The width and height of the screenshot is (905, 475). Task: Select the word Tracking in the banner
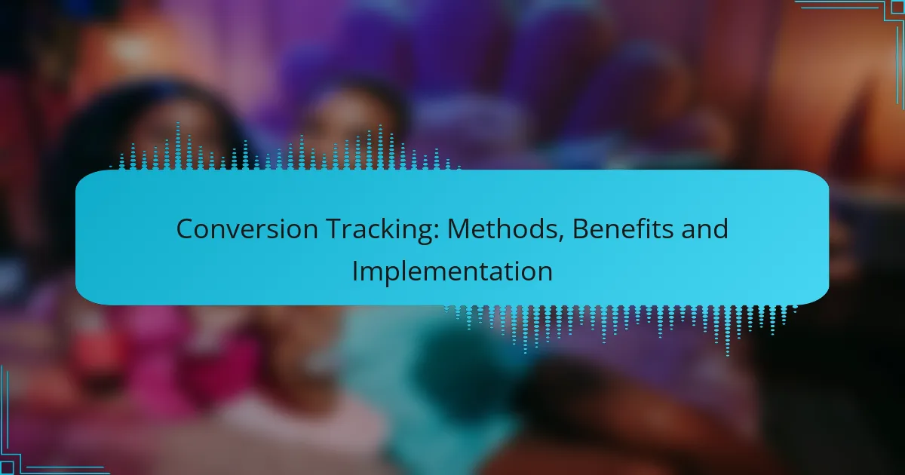(382, 230)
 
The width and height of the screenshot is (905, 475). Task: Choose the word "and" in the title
(704, 228)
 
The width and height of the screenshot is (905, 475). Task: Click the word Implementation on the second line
(452, 271)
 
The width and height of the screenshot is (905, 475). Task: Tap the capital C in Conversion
(186, 229)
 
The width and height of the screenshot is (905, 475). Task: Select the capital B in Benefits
(581, 229)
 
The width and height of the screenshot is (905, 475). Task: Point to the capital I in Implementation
(354, 271)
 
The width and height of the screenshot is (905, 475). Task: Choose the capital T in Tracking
(336, 229)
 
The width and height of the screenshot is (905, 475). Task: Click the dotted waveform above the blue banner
(285, 146)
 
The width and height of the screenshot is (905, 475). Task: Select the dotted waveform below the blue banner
(620, 330)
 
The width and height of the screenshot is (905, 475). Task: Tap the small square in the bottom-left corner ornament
(7, 467)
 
